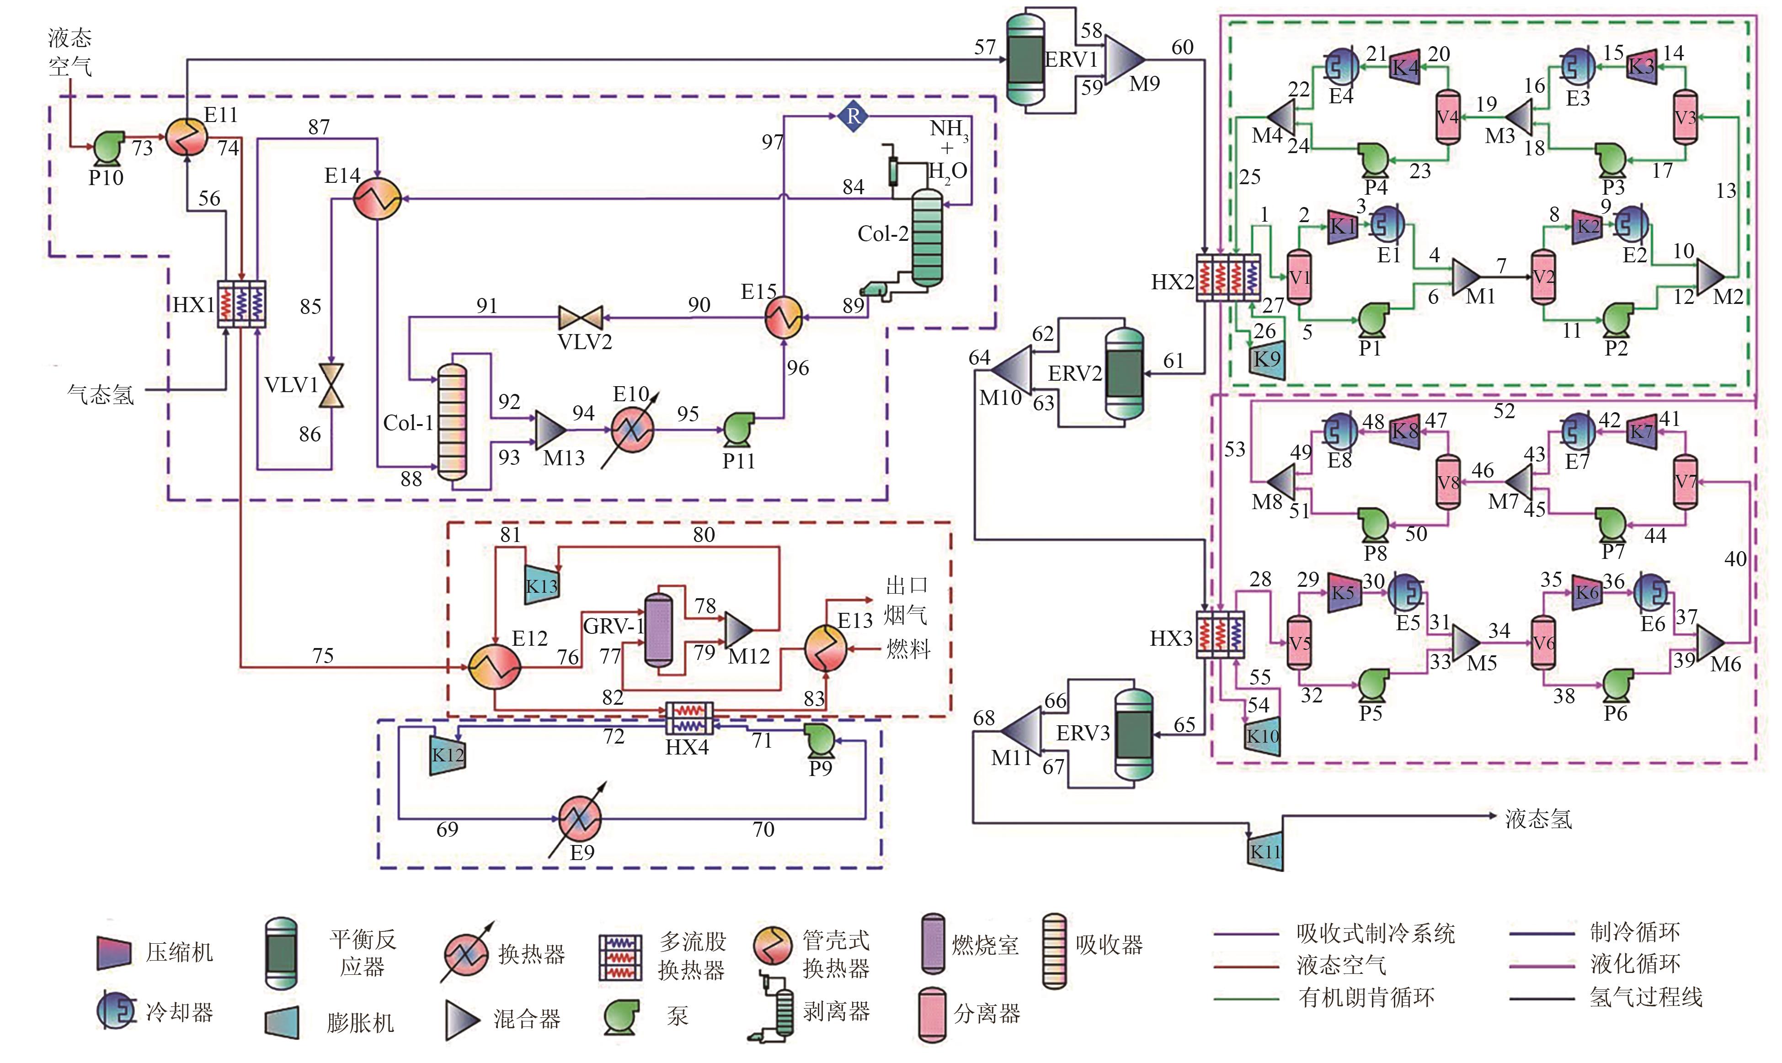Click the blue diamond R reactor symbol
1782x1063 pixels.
pyautogui.click(x=853, y=116)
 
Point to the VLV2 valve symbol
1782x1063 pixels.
pyautogui.click(x=581, y=317)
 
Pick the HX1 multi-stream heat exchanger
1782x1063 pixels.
pyautogui.click(x=241, y=304)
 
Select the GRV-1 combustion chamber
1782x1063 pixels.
pyautogui.click(x=658, y=629)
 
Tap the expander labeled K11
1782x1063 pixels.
pyautogui.click(x=1264, y=851)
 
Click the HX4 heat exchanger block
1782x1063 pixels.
pyautogui.click(x=689, y=718)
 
